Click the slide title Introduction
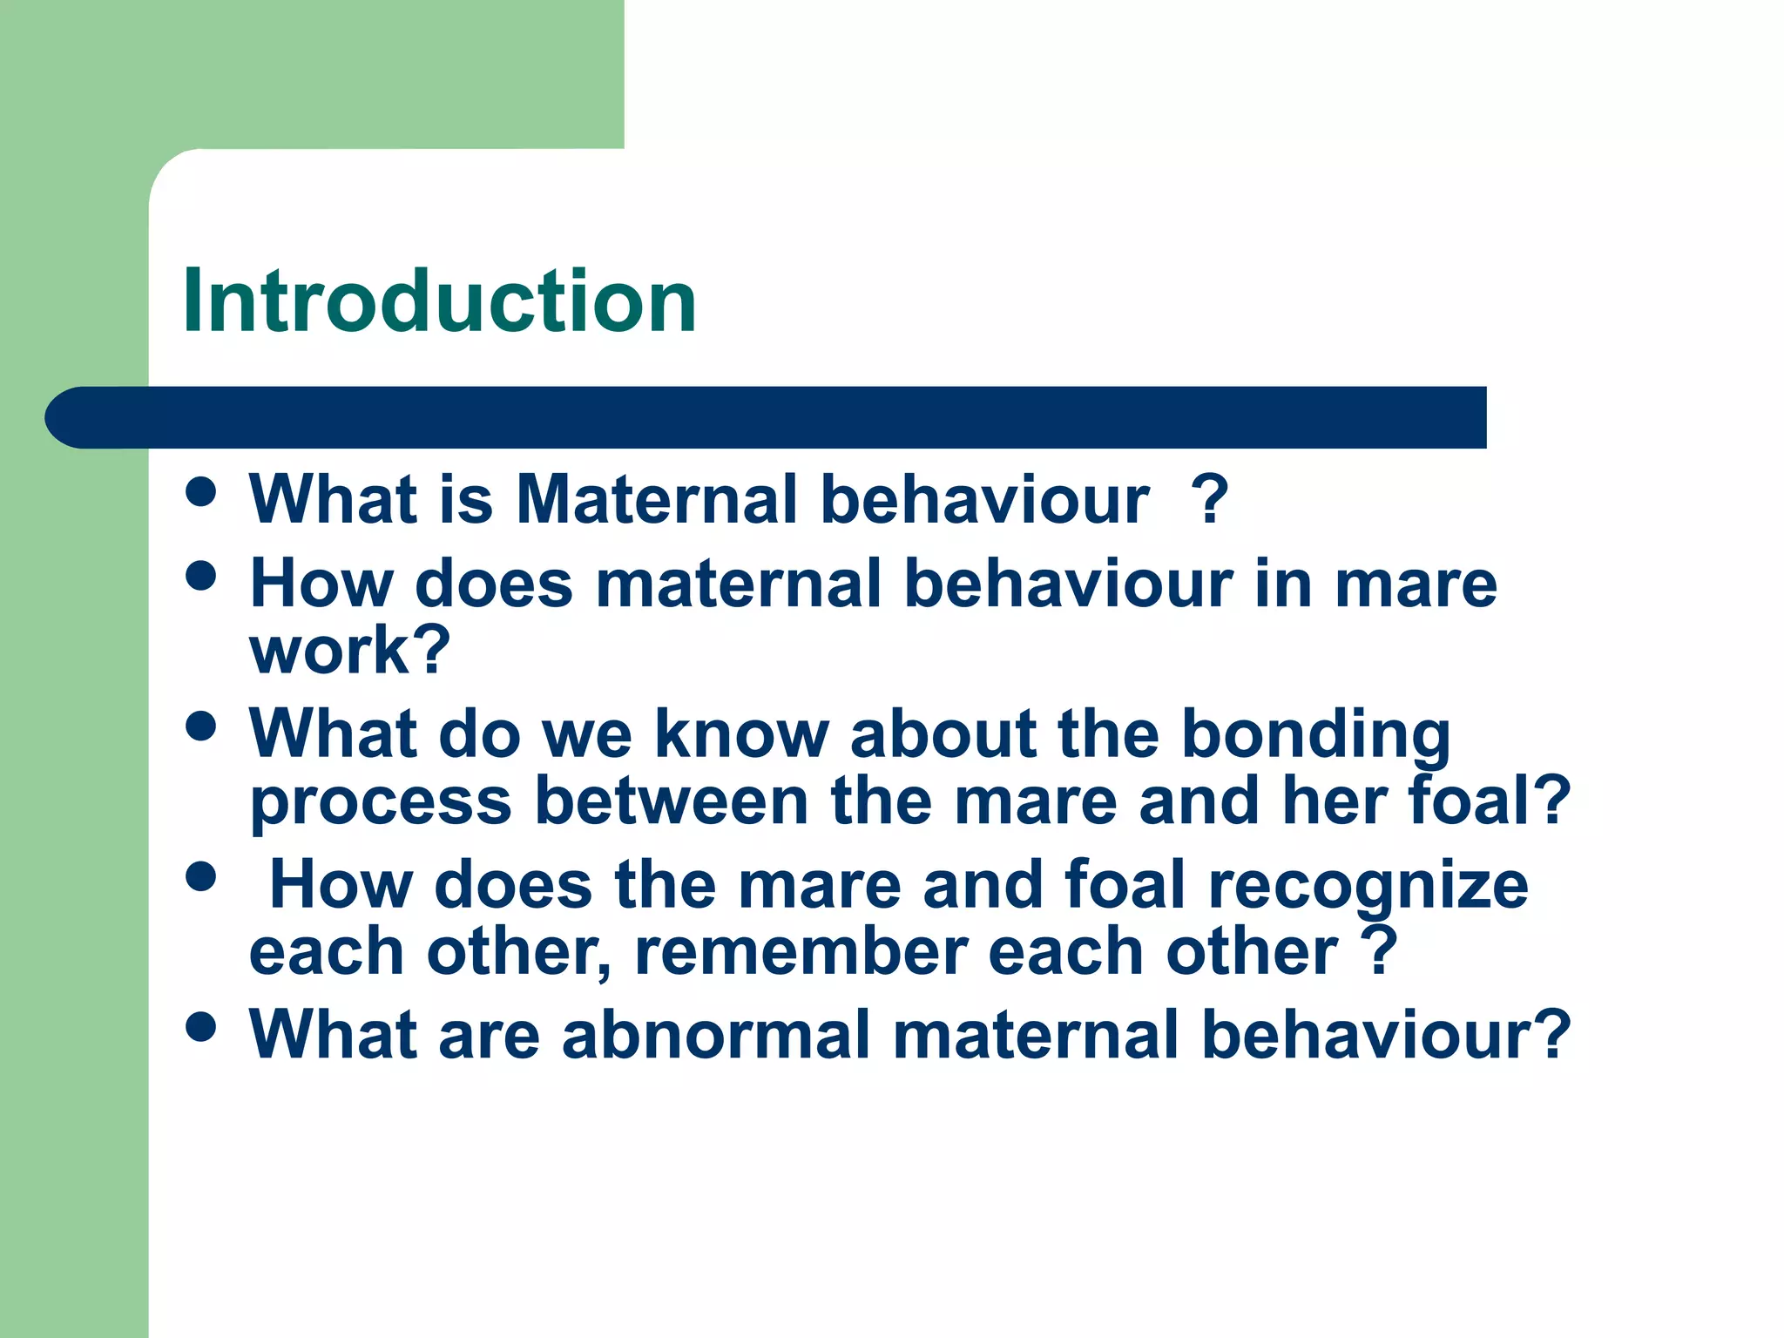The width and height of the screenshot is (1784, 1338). pos(440,301)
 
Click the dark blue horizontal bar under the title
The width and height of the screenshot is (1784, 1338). pos(767,417)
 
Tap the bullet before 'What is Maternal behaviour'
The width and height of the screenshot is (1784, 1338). pos(201,490)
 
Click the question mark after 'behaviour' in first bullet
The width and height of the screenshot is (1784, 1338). pos(1209,500)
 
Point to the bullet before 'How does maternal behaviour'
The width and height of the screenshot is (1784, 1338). pos(201,576)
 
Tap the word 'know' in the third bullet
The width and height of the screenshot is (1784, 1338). pos(741,734)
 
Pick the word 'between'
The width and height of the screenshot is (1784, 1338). pos(671,801)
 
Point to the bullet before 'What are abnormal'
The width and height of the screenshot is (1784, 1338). pos(201,1026)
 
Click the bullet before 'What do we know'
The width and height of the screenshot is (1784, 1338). pos(201,726)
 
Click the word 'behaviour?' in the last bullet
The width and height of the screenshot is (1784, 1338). pos(1386,1035)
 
